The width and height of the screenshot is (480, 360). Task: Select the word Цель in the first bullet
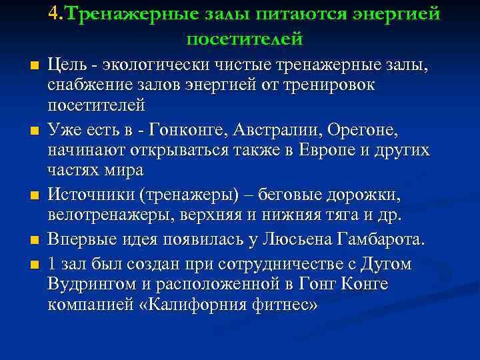(69, 66)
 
